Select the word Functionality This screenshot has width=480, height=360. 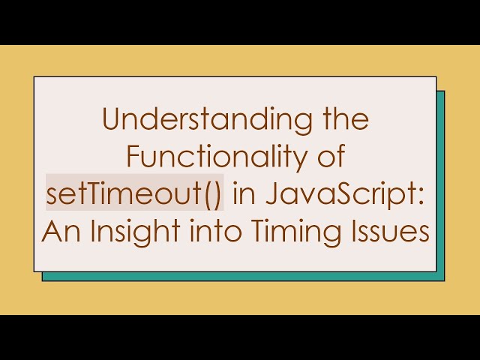215,157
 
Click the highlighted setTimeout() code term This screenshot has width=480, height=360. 134,195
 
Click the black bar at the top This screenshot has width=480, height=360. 240,21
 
